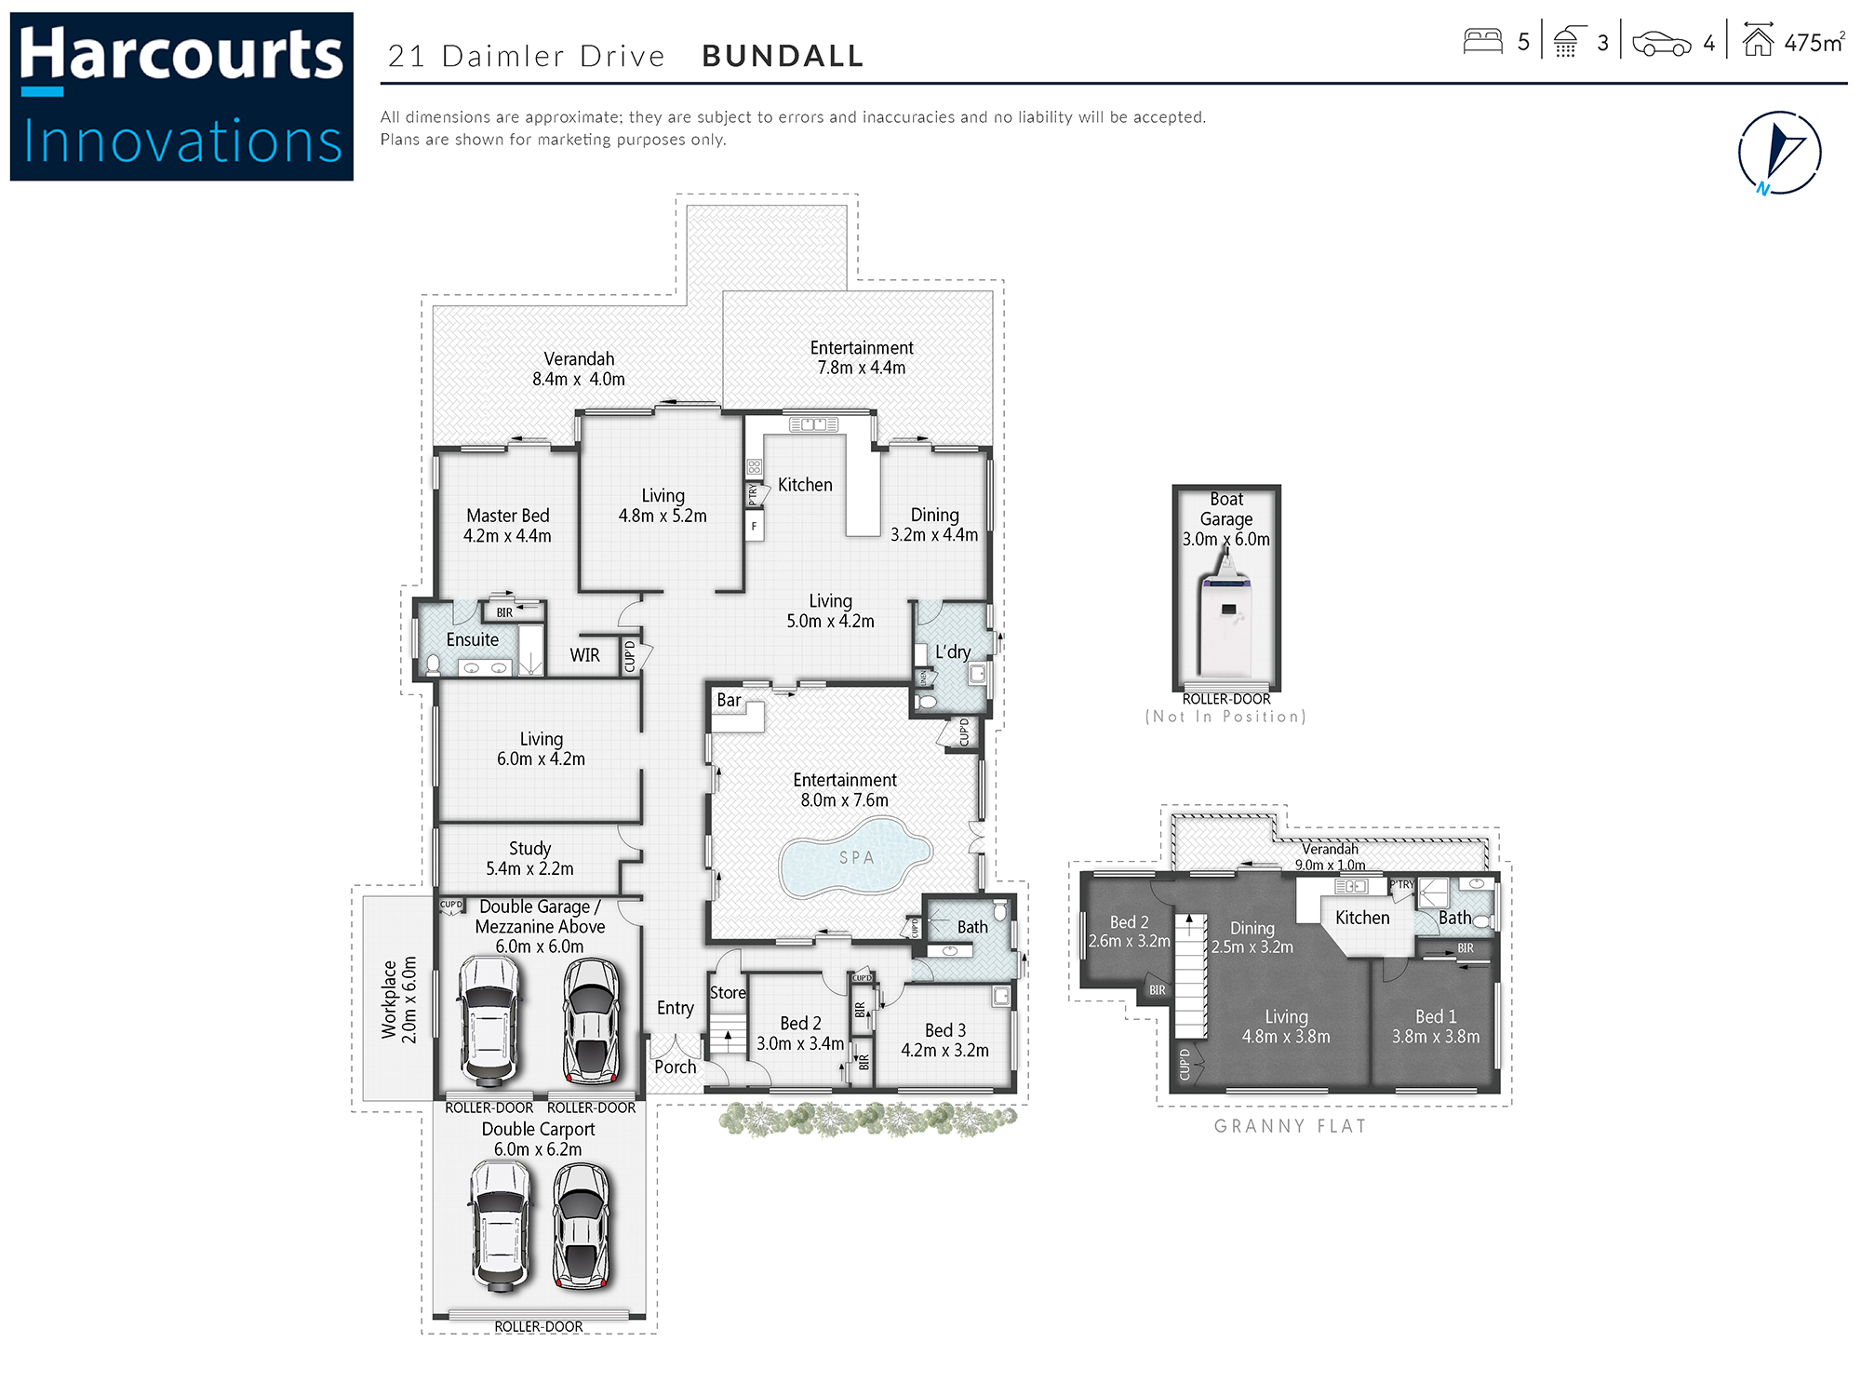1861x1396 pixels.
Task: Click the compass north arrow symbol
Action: click(x=1779, y=153)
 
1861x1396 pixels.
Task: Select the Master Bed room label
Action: click(x=507, y=526)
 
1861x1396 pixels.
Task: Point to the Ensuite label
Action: click(x=472, y=640)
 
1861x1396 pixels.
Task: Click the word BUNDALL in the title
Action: click(x=783, y=56)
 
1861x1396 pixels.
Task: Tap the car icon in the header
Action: click(x=1662, y=44)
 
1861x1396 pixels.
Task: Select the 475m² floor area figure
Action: click(x=1814, y=43)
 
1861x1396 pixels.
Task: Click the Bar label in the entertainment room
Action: click(x=729, y=700)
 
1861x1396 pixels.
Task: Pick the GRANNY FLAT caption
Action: click(x=1290, y=1126)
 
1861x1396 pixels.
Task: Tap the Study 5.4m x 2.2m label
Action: click(x=529, y=858)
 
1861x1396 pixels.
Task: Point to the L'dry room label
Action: click(x=953, y=651)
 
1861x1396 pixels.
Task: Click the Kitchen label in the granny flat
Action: click(x=1362, y=918)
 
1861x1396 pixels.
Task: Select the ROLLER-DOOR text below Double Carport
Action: click(x=538, y=1326)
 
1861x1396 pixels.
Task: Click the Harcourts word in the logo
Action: click(x=181, y=54)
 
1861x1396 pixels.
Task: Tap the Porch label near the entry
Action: click(x=675, y=1067)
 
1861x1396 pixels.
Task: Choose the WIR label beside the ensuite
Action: click(x=584, y=655)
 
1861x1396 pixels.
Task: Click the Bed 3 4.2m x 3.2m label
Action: click(x=944, y=1040)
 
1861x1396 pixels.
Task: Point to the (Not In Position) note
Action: click(x=1225, y=717)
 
